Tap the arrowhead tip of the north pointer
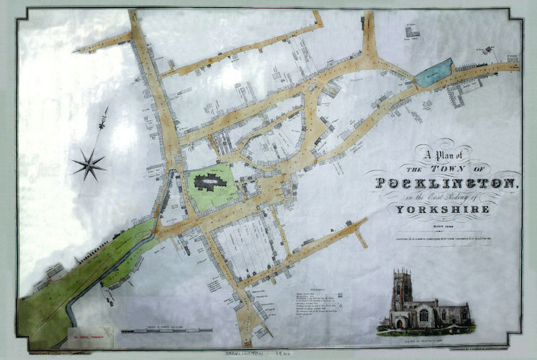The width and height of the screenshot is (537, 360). [108, 110]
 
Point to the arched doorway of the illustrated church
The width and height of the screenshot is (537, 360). [399, 323]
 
